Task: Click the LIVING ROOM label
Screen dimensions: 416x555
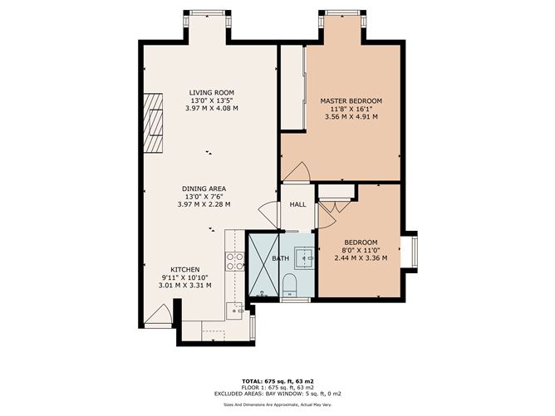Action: pyautogui.click(x=211, y=92)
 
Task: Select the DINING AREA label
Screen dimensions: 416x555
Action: pyautogui.click(x=204, y=188)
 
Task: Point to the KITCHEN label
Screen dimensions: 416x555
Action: pyautogui.click(x=184, y=270)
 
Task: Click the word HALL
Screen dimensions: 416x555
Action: pyautogui.click(x=297, y=204)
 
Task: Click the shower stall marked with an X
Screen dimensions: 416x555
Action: pyautogui.click(x=265, y=266)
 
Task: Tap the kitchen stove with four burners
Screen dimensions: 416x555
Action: pyautogui.click(x=235, y=262)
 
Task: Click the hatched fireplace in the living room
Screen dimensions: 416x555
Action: pyautogui.click(x=154, y=124)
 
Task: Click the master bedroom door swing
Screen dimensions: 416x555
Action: pyautogui.click(x=296, y=172)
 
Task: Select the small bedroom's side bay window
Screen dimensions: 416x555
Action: pyautogui.click(x=413, y=252)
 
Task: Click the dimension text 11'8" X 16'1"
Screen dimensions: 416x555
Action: pyautogui.click(x=351, y=109)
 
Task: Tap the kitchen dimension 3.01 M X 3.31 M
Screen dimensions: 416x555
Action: pyautogui.click(x=184, y=285)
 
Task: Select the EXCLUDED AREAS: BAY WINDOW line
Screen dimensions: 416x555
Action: pyautogui.click(x=277, y=393)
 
